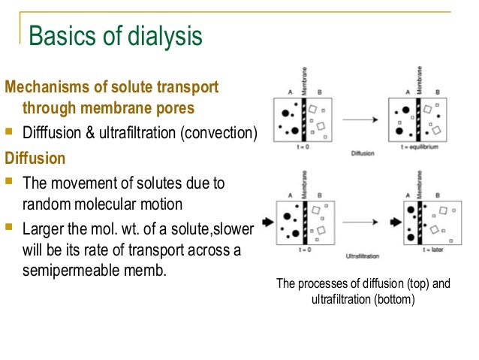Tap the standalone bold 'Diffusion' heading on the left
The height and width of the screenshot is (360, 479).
click(x=35, y=159)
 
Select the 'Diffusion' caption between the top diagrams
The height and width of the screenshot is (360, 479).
click(x=362, y=155)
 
